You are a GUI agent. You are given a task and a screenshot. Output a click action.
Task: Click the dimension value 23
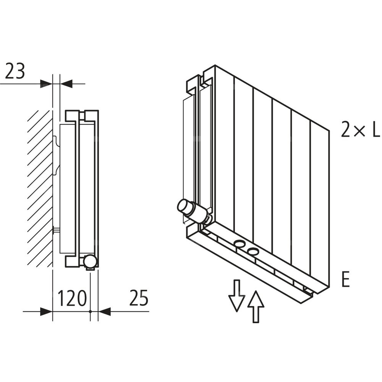coord(15,71)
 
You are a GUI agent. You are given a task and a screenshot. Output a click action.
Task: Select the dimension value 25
coord(138,298)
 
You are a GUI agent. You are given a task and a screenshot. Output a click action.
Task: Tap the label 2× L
coord(360,130)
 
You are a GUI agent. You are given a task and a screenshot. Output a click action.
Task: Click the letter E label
coord(345,280)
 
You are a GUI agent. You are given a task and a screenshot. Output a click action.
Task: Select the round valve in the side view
coord(91,261)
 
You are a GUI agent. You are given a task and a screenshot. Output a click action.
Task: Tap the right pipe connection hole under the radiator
coord(253,251)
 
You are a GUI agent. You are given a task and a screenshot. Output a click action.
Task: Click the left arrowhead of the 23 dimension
coord(46,83)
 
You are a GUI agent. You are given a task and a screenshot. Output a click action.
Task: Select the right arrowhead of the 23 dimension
coord(66,83)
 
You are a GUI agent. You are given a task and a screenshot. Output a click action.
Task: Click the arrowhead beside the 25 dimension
coord(104,312)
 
